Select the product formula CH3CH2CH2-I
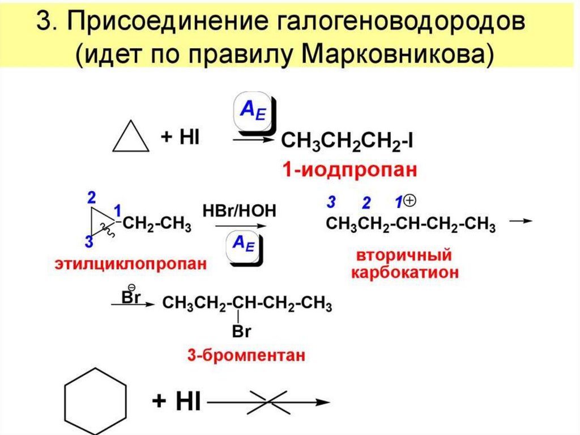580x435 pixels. tap(347, 141)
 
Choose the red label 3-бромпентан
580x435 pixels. tap(247, 356)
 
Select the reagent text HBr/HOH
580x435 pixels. tap(240, 211)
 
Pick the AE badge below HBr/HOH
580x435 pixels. tap(244, 246)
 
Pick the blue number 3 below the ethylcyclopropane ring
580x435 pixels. tap(88, 242)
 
